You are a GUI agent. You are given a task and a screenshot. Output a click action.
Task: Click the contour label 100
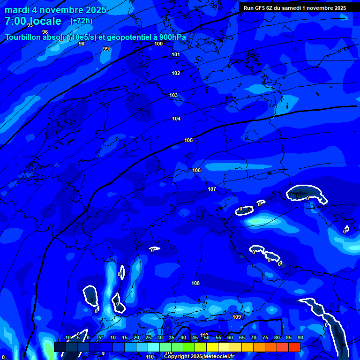(158, 44)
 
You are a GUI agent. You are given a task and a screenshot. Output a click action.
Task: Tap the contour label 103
(173, 95)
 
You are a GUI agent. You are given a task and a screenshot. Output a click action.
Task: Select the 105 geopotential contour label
(188, 140)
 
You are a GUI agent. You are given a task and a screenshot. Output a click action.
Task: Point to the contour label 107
(212, 189)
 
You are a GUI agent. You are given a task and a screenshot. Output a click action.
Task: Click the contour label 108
(195, 283)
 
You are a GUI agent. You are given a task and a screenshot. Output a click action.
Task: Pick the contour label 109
(237, 317)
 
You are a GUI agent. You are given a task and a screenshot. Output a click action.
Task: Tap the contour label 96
(45, 32)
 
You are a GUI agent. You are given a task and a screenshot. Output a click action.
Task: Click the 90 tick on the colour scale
(300, 337)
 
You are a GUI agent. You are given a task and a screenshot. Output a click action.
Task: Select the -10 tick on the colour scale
(67, 337)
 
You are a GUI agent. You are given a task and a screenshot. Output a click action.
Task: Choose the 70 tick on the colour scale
(254, 337)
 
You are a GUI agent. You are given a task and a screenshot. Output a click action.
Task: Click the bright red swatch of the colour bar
(294, 347)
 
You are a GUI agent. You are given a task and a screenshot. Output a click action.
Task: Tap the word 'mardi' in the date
(17, 10)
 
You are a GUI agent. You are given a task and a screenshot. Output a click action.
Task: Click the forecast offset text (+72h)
(81, 21)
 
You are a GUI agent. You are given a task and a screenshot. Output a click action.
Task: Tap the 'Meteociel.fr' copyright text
(219, 357)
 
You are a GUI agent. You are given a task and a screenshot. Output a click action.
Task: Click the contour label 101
(176, 54)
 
